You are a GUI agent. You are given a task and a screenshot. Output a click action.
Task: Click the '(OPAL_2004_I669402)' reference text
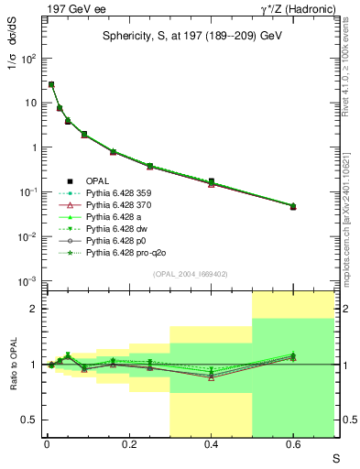point(190,273)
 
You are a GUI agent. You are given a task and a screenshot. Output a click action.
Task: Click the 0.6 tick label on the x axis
point(293,446)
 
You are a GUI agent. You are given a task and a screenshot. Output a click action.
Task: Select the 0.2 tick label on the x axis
point(129,446)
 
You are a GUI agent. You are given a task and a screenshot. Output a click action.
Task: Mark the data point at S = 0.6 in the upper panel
point(293,206)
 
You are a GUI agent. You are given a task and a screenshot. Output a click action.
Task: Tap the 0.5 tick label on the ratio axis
point(33,420)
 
